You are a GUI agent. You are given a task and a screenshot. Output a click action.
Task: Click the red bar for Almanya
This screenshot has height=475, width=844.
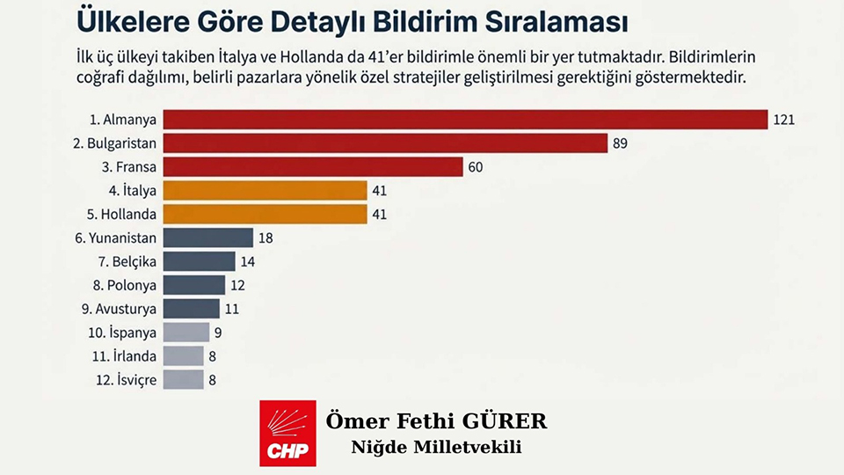466,119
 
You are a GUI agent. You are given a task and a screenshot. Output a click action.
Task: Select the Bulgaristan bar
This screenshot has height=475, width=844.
385,142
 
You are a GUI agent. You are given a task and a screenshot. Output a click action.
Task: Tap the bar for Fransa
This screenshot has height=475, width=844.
313,166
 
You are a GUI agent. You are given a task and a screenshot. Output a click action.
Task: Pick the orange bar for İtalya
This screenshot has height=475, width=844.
265,190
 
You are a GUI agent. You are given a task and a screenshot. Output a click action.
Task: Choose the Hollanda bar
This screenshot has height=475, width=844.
265,214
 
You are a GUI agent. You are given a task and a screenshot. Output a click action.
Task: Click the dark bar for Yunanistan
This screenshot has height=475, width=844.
208,237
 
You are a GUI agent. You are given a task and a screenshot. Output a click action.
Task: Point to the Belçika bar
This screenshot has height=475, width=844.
200,261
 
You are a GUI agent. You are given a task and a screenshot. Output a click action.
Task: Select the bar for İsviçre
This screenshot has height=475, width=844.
184,380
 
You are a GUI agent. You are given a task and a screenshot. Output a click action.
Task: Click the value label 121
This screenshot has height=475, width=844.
784,119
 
